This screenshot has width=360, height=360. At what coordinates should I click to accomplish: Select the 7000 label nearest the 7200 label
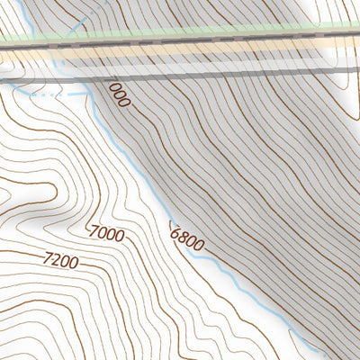pos(107,234)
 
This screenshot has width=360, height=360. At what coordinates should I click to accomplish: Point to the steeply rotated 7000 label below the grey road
pos(118,94)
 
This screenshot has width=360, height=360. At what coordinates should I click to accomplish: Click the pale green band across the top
pos(180,31)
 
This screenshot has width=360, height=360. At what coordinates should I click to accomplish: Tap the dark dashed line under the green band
pos(180,41)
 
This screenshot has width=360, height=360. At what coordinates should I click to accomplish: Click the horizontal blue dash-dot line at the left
pos(54,92)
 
